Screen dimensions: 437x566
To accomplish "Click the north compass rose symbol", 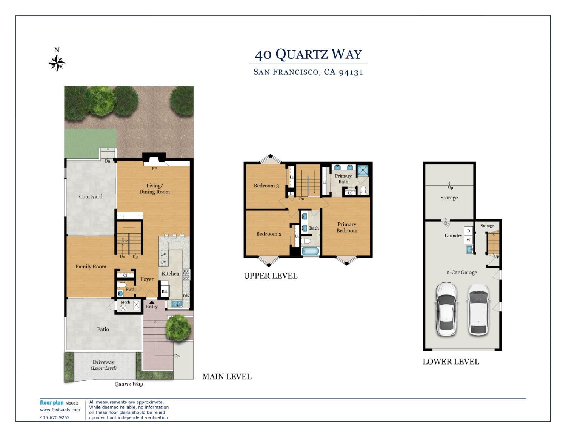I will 57,63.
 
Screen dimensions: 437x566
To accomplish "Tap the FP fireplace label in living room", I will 154,169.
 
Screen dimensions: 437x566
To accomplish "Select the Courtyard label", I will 91,196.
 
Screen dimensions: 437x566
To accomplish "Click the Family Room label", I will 91,267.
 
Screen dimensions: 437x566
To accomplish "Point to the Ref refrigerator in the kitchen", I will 165,291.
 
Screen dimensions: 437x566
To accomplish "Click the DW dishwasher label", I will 186,296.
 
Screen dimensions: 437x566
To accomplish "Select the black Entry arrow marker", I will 152,302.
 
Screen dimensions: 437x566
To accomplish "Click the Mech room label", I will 125,302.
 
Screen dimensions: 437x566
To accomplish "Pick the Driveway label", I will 103,362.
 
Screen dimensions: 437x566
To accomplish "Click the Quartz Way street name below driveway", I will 129,384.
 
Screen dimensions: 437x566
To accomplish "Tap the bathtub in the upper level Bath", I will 310,251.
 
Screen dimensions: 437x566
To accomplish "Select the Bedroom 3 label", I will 266,186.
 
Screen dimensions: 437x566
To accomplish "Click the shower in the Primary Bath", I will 363,170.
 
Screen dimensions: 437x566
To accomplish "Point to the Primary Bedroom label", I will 347,227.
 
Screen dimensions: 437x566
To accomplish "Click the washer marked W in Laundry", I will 469,240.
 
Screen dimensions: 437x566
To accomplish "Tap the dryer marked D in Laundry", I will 469,231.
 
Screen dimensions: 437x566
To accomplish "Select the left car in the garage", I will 446,309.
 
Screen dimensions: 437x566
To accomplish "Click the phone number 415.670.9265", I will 55,417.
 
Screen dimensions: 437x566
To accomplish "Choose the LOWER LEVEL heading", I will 451,362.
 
